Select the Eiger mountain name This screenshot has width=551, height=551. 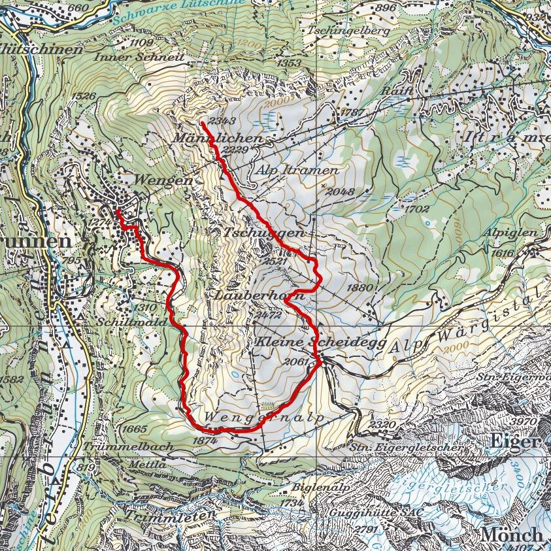pyautogui.click(x=515, y=442)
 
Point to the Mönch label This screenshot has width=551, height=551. pyautogui.click(x=512, y=534)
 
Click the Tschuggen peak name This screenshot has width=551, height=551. pyautogui.click(x=263, y=233)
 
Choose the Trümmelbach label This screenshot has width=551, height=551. pyautogui.click(x=134, y=446)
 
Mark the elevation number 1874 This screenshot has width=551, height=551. pyautogui.click(x=205, y=441)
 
